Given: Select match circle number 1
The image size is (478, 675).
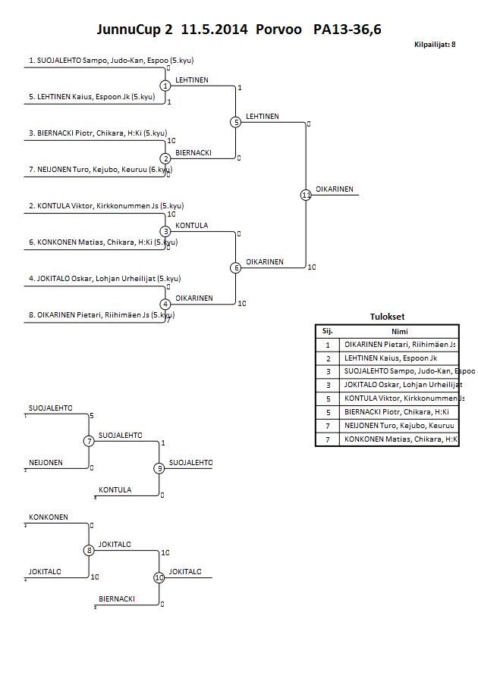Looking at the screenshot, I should tap(165, 86).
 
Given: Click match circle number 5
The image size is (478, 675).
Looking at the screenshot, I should tap(236, 122).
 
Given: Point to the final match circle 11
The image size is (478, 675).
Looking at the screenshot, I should tap(306, 195).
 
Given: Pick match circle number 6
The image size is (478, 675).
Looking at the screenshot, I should tap(236, 267).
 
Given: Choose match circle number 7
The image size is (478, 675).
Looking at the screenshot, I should tap(89, 441).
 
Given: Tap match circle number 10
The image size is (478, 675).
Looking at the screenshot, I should tap(159, 578).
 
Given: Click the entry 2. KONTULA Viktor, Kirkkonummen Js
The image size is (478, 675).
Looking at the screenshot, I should tap(106, 205).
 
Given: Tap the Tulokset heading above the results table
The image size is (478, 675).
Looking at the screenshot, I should tap(387, 317).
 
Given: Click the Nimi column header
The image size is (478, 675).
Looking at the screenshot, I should tap(399, 331).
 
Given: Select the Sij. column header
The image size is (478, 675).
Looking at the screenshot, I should tap(328, 331).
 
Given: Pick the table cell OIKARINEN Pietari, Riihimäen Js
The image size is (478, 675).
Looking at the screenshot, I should tap(399, 345).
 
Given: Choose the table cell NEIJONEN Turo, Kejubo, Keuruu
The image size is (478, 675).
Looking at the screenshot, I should tap(399, 426).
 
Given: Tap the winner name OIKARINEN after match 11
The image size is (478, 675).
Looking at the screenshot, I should tap(334, 189).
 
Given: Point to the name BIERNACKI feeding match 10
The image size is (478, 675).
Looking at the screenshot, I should tap(117, 598).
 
